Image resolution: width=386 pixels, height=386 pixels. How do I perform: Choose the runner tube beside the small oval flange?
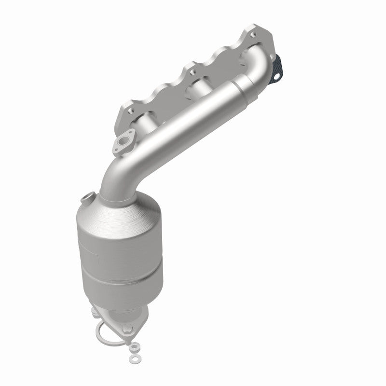(140, 130)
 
